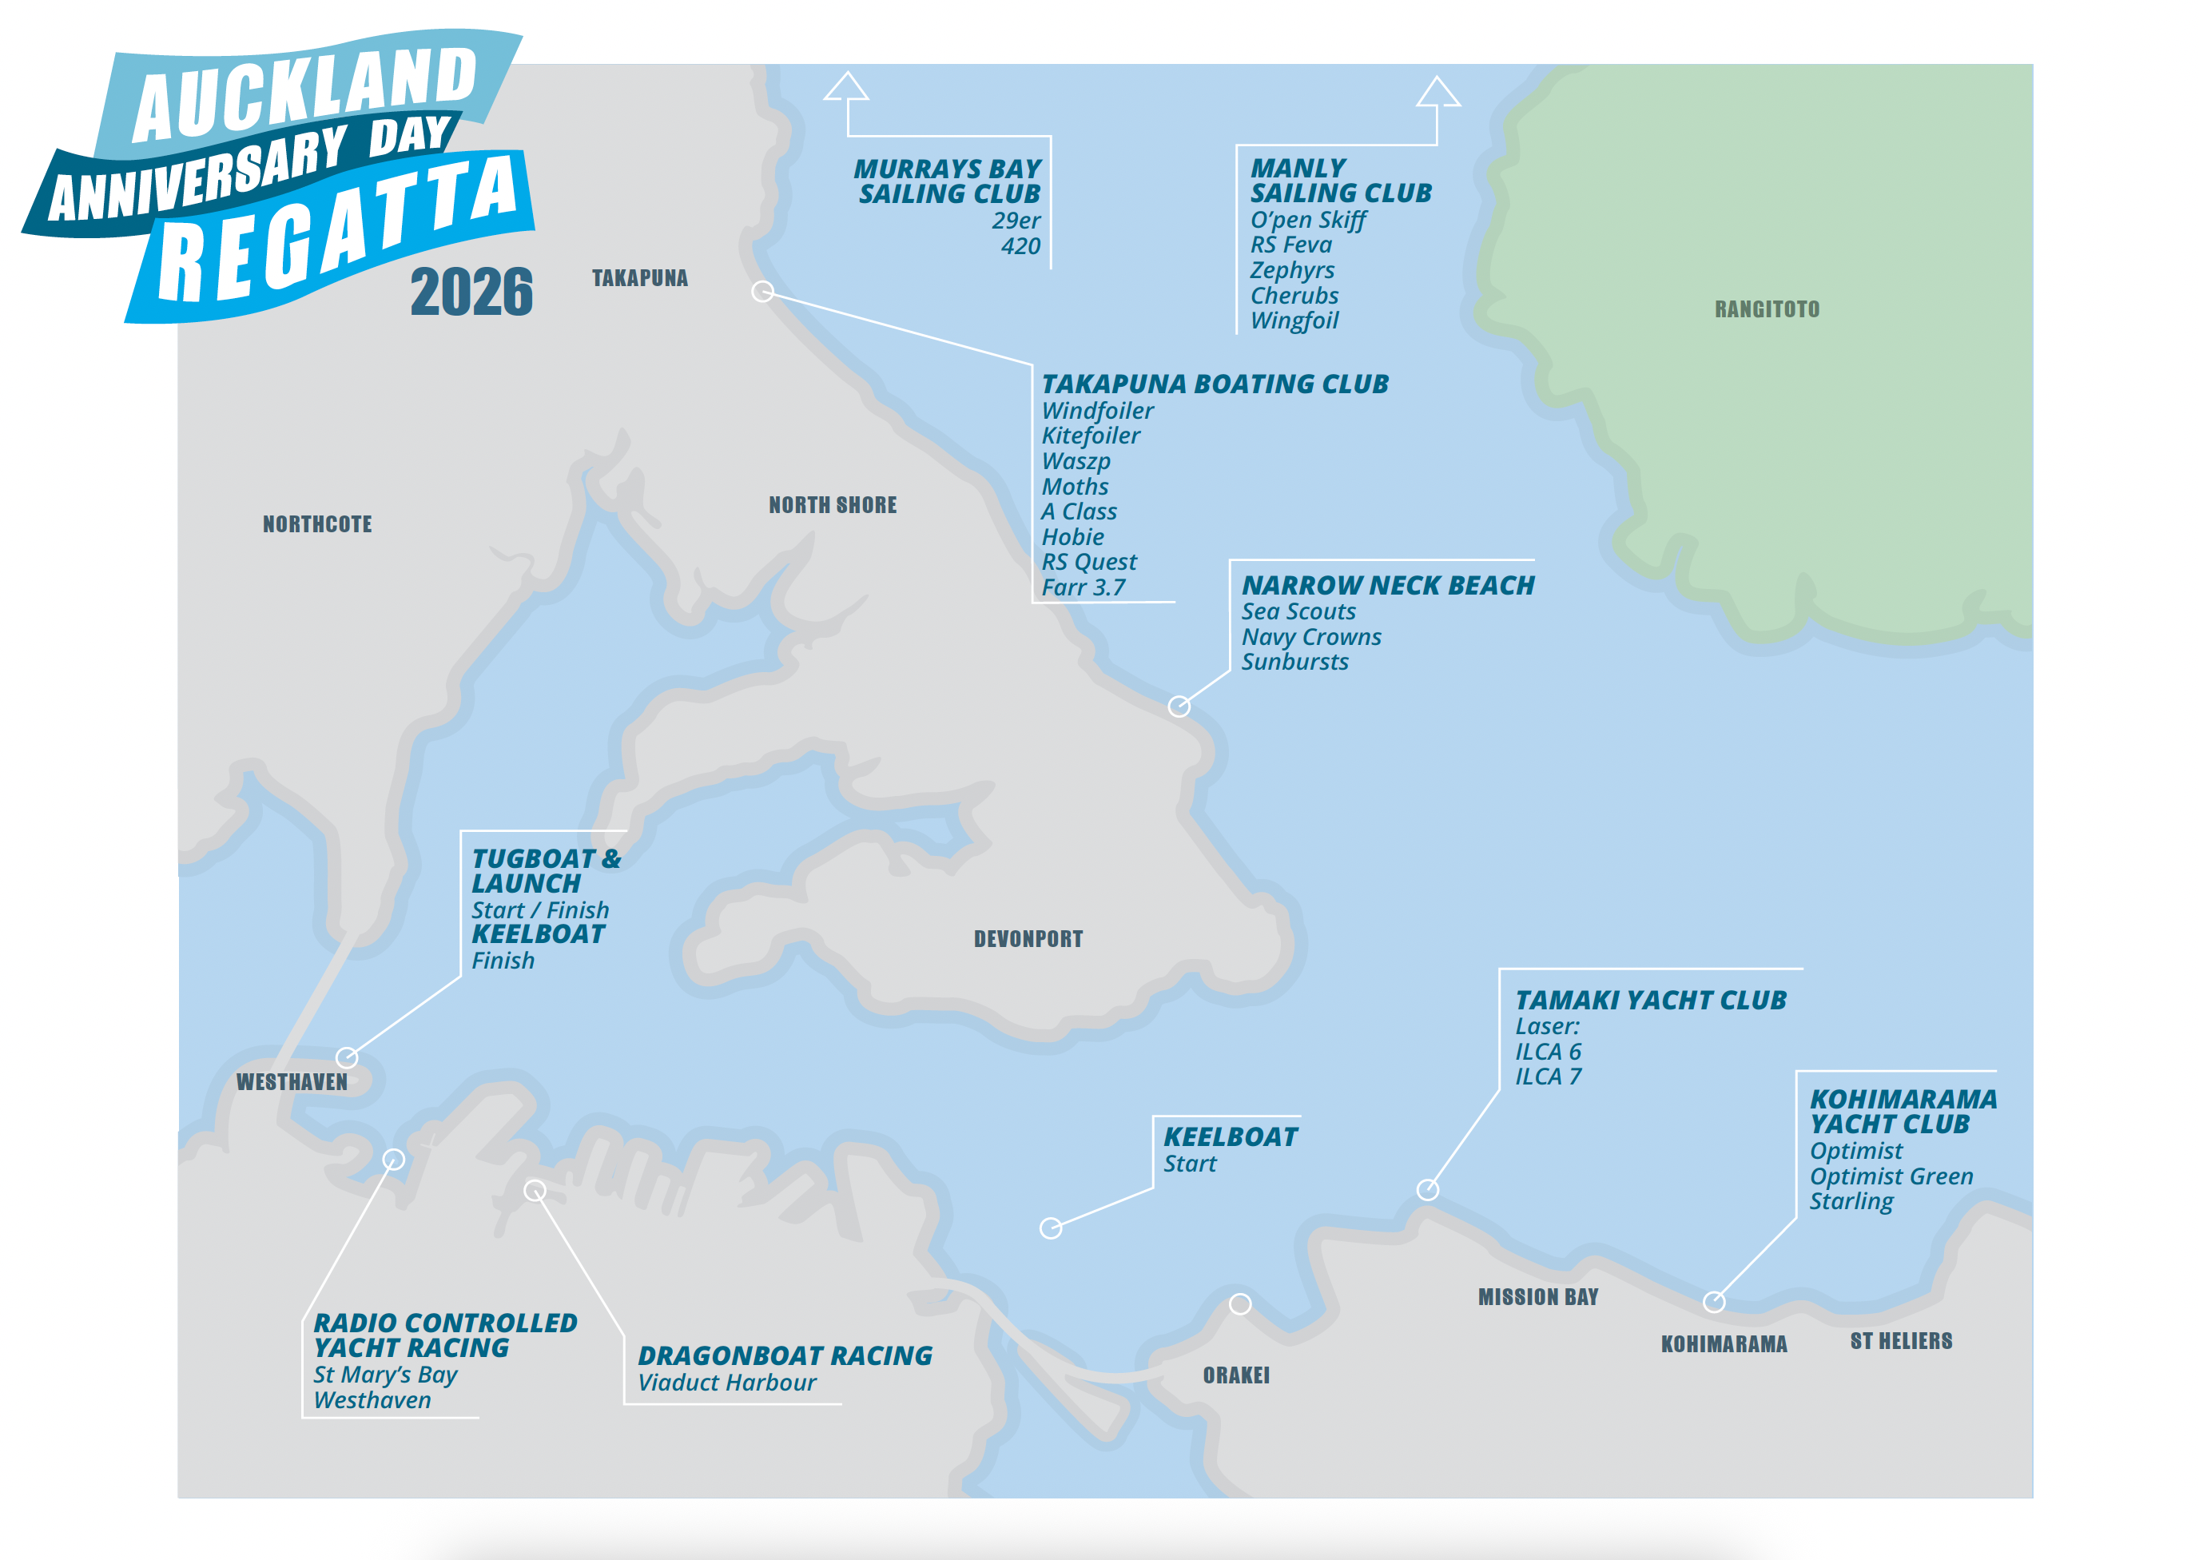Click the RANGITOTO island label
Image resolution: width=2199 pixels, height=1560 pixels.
[1766, 309]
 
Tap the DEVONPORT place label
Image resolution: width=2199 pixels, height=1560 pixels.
[1028, 938]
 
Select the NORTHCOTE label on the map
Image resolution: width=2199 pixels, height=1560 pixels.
[317, 524]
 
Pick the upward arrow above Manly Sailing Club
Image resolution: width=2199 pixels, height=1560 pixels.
[1438, 92]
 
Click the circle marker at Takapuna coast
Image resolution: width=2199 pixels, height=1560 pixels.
[762, 291]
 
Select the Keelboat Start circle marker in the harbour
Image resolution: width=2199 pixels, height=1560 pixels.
[1051, 1228]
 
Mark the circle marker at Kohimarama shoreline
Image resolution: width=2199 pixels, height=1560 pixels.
[1714, 1302]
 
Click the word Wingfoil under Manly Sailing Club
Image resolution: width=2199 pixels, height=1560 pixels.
[1294, 320]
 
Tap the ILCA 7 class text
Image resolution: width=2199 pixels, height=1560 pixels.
[1548, 1076]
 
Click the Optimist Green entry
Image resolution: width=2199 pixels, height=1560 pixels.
[1891, 1176]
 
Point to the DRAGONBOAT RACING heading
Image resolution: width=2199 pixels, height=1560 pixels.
[785, 1355]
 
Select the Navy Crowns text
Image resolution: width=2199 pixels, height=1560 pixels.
[1310, 637]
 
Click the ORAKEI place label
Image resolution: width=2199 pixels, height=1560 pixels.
[1236, 1375]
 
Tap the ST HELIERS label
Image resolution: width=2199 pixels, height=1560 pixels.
[1900, 1341]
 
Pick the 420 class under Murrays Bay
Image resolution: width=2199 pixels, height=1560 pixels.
[1020, 247]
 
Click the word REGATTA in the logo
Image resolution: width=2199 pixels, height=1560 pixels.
[336, 235]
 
